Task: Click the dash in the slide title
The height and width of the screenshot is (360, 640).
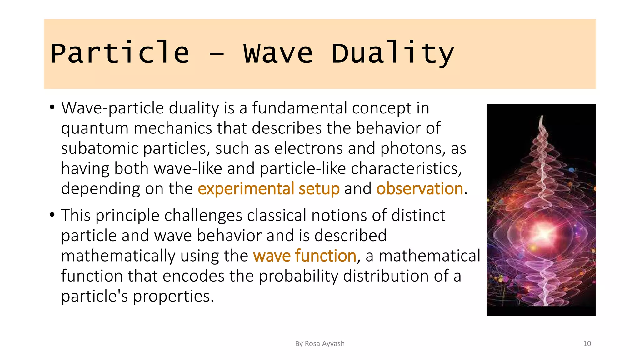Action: (216, 54)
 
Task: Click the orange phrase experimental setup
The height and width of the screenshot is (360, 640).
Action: (269, 189)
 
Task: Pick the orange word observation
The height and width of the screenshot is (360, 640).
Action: (420, 189)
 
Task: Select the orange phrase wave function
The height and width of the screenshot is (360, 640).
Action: (305, 256)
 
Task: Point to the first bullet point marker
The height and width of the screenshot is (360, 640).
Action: (52, 107)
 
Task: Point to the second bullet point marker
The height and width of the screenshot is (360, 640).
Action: (52, 215)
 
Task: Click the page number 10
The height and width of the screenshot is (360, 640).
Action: (587, 344)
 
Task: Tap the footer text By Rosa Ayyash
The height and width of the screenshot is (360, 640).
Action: (320, 344)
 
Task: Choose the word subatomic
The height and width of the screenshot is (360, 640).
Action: (100, 148)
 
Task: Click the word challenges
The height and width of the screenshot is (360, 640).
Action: (203, 216)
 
